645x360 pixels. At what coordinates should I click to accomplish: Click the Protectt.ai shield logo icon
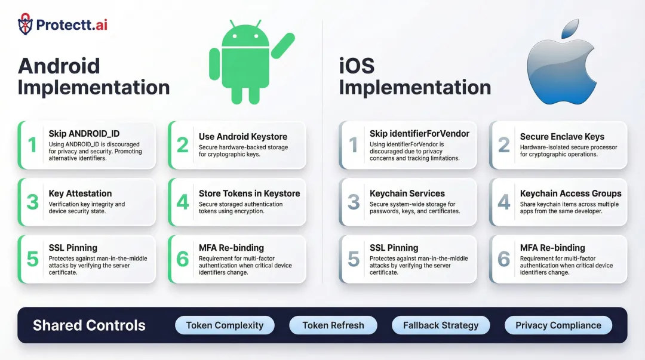coord(25,24)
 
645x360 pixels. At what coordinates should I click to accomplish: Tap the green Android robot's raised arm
coord(284,45)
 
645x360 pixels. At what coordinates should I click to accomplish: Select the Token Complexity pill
coord(225,325)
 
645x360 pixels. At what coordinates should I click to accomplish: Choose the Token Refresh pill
coord(333,325)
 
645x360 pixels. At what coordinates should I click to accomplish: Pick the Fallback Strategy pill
coord(441,325)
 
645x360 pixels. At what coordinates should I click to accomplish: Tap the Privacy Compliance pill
coord(558,325)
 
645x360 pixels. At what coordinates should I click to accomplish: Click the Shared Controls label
coord(89,325)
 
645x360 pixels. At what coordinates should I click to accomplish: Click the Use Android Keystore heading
coord(243,137)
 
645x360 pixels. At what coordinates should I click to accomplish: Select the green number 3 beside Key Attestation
coord(33,202)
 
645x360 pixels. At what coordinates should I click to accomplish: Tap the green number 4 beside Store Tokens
coord(183,202)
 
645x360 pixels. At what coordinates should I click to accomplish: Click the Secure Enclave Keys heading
coord(562,137)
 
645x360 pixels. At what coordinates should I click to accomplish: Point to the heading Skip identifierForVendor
coord(419,134)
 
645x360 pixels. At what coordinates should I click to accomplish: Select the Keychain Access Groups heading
coord(570,193)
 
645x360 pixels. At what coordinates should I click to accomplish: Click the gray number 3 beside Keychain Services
coord(354,202)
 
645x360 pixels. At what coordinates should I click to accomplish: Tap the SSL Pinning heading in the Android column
coord(73,248)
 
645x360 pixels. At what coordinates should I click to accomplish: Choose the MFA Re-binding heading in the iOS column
coord(552,248)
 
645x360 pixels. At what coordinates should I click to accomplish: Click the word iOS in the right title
coord(357,66)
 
